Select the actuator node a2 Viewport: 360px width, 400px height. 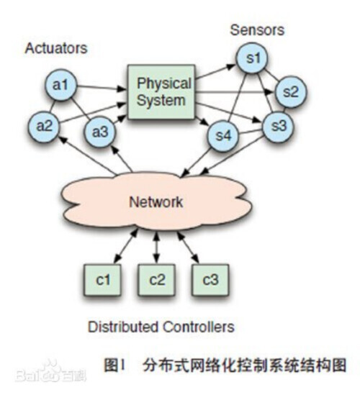(x=44, y=124)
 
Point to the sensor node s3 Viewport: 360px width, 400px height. (x=279, y=126)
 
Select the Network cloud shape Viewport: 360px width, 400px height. (x=157, y=201)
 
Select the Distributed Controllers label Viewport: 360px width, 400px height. (x=161, y=327)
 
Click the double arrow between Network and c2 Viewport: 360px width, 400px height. (x=156, y=247)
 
